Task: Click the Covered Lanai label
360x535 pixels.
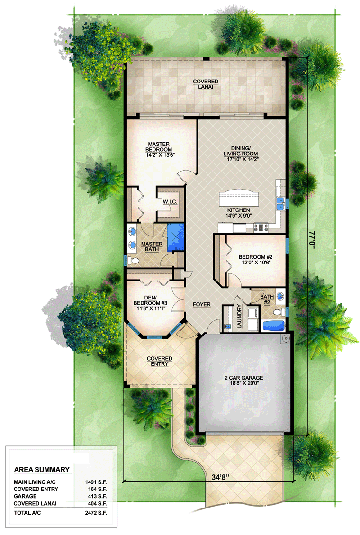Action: [206, 84]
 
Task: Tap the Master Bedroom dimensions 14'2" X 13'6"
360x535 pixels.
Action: [159, 155]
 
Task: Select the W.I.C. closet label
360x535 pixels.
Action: [170, 202]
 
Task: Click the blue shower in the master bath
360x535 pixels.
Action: [176, 237]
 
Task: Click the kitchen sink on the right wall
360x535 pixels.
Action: [280, 204]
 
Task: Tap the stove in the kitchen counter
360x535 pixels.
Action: [261, 227]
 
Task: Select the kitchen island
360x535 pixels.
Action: [238, 197]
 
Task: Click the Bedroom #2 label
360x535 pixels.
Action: [255, 257]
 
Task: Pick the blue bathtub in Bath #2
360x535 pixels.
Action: [273, 326]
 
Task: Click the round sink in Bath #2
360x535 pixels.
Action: [280, 296]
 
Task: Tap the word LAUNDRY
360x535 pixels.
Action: [239, 317]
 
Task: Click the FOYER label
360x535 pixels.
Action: [201, 304]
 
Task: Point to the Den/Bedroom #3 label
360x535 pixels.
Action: [150, 300]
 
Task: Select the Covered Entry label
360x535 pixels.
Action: [160, 362]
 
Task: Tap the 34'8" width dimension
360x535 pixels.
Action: [221, 477]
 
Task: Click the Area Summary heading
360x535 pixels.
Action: [42, 470]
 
